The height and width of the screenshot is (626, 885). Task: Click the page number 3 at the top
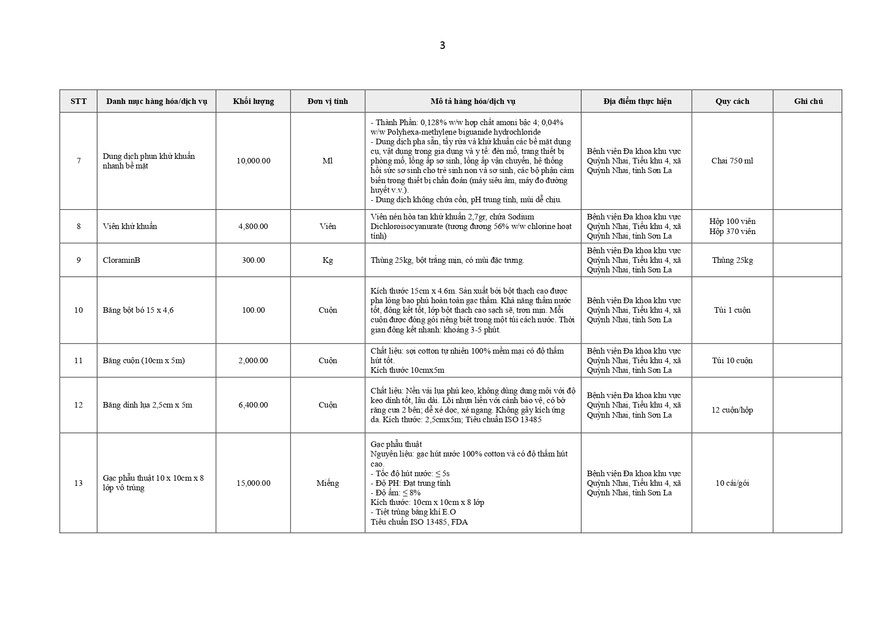coord(442,45)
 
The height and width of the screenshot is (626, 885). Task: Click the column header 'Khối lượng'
coord(253,101)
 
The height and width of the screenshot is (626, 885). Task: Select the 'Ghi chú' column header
coord(808,101)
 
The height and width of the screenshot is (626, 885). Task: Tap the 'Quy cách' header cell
coord(732,101)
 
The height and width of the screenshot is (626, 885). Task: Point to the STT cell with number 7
coord(79,161)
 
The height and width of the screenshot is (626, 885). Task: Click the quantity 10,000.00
coord(253,161)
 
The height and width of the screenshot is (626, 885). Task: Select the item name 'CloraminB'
coord(122,260)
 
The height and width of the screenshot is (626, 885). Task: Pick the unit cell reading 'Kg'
coord(328,260)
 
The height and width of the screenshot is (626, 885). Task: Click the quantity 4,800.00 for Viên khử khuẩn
coord(253,226)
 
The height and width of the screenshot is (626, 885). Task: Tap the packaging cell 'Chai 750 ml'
coord(732,161)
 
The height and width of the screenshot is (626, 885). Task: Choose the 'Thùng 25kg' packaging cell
coord(732,260)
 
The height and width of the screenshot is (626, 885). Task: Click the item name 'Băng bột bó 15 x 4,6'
coord(138,310)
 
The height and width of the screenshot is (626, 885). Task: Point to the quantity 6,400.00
coord(253,405)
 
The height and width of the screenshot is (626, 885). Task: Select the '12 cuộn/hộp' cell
coord(732,410)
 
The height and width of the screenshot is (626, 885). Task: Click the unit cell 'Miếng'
coord(328,483)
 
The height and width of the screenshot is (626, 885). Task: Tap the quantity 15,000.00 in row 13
coord(253,483)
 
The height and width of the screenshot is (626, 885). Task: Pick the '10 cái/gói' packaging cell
coord(732,483)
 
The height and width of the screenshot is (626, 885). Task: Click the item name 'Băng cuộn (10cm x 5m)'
coord(144,361)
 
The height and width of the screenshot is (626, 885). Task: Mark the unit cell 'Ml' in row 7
coord(328,161)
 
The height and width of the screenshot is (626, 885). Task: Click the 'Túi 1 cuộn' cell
coord(732,310)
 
